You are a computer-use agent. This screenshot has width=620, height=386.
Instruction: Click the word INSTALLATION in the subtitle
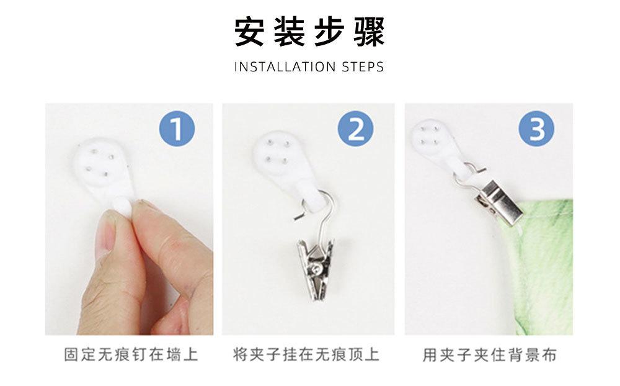[x=285, y=67]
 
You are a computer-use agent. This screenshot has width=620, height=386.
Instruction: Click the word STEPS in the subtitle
[x=363, y=67]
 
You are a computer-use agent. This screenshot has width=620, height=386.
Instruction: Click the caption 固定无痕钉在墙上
[x=131, y=355]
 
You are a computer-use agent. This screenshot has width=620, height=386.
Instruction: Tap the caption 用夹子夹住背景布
[x=489, y=355]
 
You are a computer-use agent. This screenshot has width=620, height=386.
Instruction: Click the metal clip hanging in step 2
[x=315, y=270]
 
